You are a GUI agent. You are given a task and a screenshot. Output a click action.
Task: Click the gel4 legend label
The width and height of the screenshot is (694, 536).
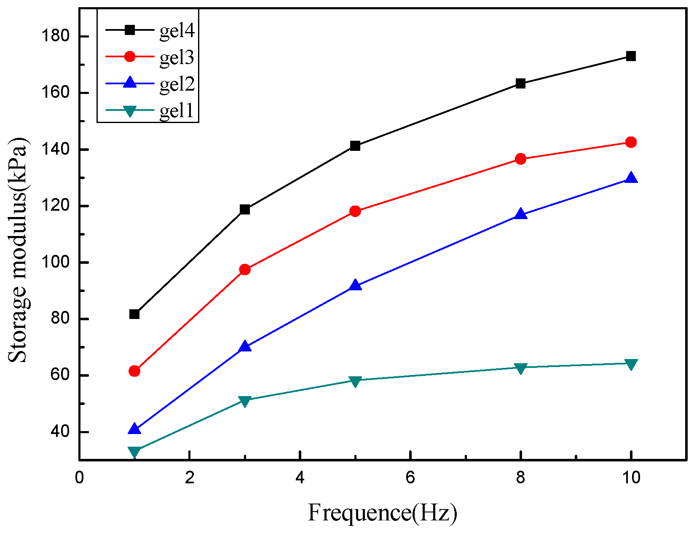(177, 31)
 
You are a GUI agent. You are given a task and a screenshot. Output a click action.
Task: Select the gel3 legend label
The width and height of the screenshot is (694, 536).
(177, 57)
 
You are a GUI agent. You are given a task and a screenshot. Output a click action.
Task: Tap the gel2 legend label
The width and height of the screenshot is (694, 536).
(177, 84)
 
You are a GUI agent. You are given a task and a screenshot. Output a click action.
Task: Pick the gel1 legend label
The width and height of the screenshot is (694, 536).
(177, 110)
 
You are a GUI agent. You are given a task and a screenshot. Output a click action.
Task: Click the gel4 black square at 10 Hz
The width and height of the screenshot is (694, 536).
(631, 56)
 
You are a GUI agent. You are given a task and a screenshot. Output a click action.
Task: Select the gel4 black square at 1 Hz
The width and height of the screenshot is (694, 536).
(134, 314)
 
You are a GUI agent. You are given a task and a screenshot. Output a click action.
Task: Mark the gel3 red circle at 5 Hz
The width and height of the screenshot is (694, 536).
(355, 211)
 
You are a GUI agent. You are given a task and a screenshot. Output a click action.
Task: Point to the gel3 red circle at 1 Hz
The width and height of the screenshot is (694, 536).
(134, 371)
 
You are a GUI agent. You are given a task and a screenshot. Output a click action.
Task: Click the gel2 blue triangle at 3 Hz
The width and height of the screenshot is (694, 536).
(245, 347)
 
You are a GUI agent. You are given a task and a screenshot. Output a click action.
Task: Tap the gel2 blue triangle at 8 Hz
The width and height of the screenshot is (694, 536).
(521, 214)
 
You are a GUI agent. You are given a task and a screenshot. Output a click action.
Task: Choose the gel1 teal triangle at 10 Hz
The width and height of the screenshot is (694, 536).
(631, 364)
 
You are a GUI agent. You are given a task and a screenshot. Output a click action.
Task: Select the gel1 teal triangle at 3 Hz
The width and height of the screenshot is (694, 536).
(245, 401)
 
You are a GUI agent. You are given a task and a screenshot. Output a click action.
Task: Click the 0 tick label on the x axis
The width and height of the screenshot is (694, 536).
(79, 478)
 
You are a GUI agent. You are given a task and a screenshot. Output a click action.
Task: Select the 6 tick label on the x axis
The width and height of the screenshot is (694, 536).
(410, 478)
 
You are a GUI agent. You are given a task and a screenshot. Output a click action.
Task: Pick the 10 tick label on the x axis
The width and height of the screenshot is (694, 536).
(631, 478)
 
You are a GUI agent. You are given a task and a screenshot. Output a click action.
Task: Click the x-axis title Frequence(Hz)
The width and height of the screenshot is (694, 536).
(382, 513)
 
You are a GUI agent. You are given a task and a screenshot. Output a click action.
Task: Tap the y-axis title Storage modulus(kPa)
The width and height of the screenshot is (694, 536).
(18, 249)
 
